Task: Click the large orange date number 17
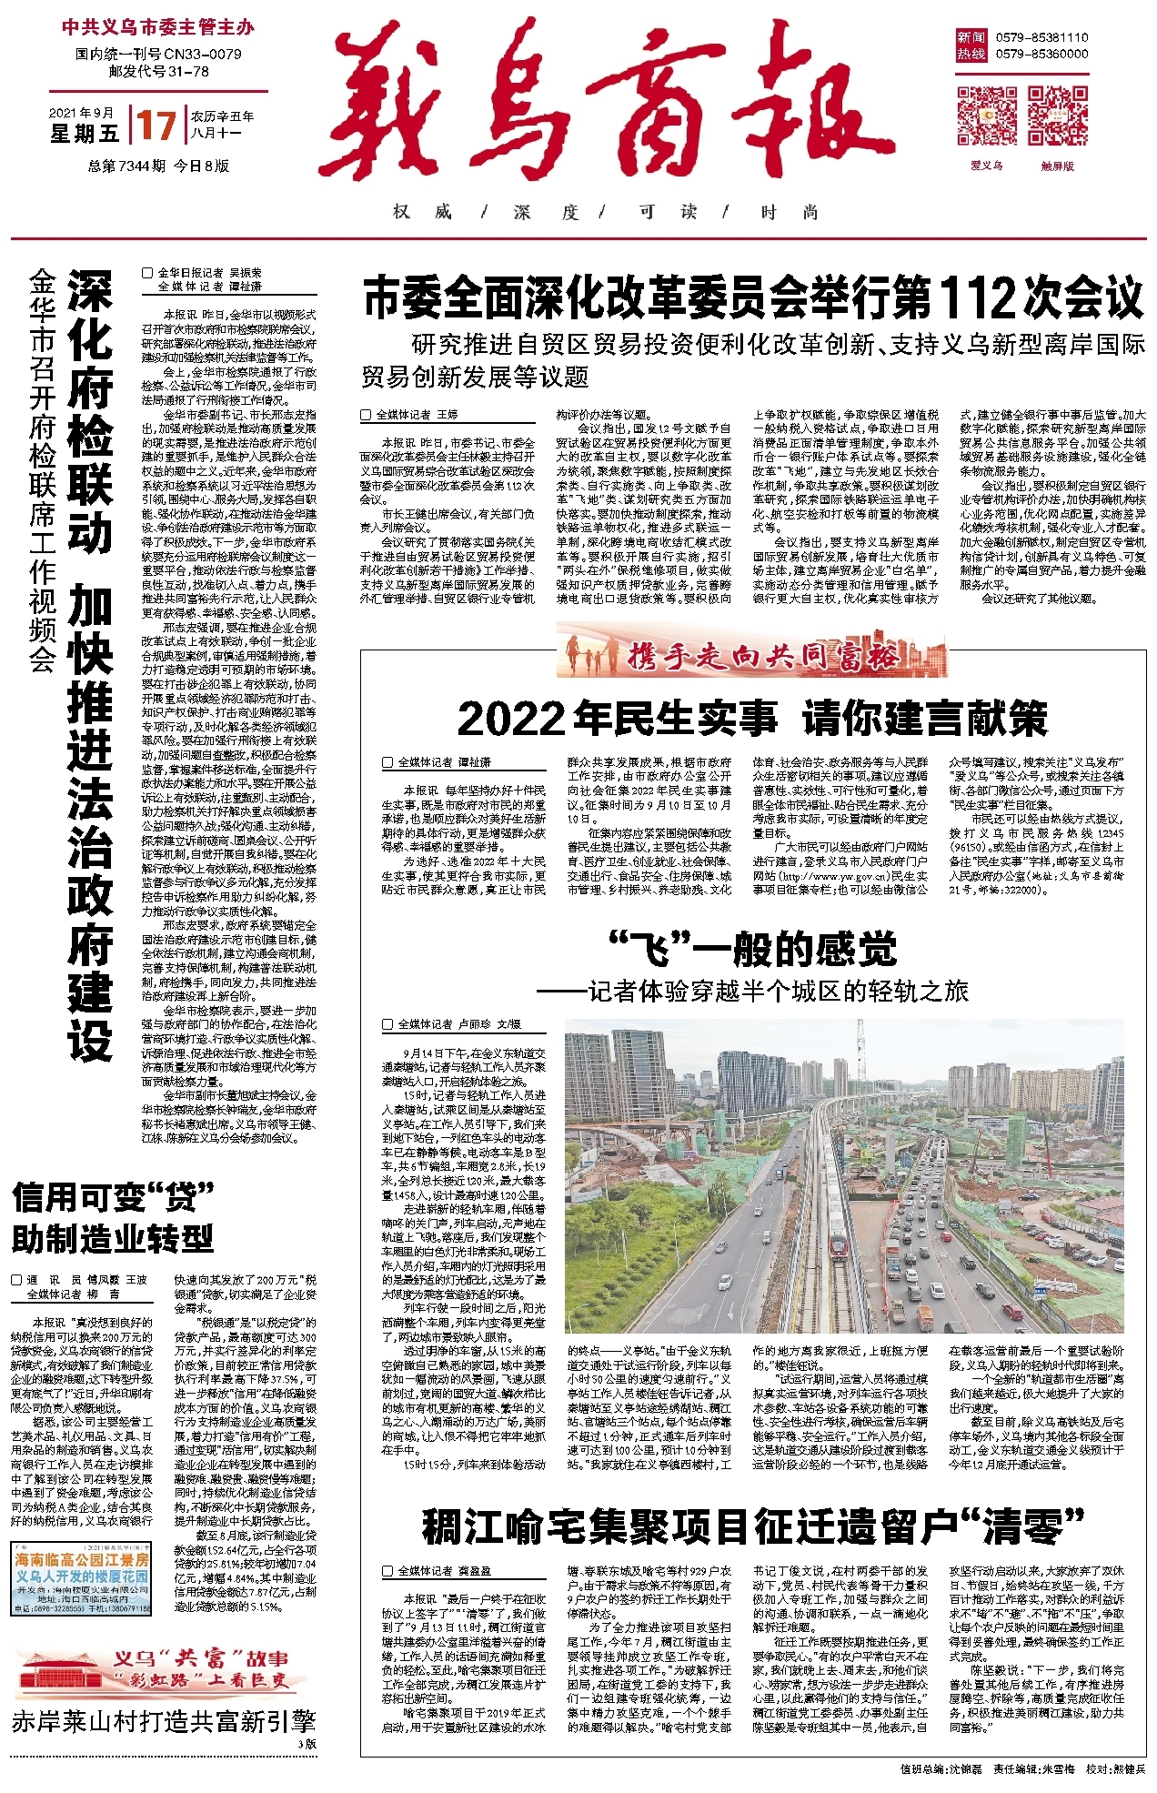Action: pos(156,125)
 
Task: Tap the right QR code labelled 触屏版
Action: pos(1058,116)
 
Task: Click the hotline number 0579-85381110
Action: pos(1041,37)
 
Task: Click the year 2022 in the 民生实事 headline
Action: pos(511,719)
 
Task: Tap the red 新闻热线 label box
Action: pos(971,45)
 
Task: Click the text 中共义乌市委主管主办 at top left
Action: pos(157,28)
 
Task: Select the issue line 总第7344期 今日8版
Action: pos(158,166)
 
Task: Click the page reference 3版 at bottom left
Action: pos(307,1743)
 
